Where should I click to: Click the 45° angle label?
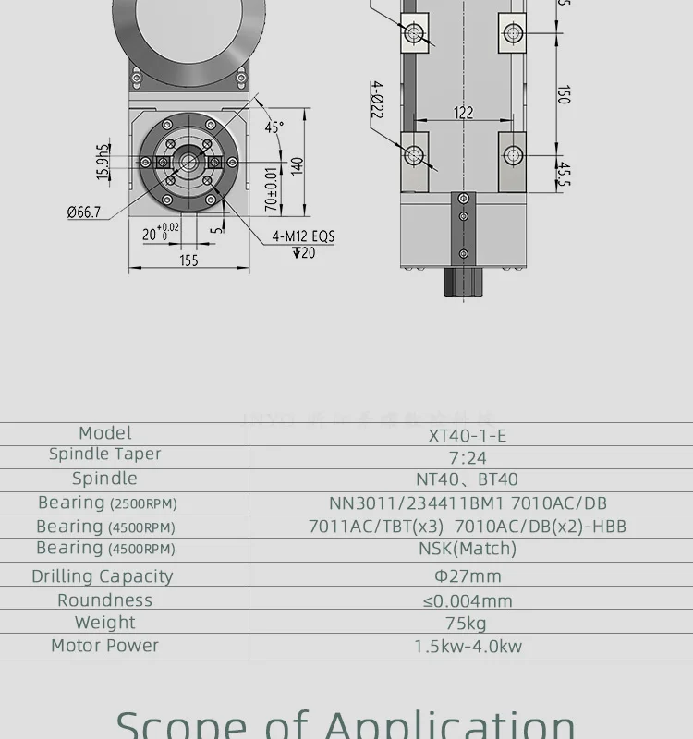click(274, 128)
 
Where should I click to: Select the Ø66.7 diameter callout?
click(84, 212)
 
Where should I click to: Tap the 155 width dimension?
click(188, 260)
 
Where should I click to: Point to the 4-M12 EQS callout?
click(303, 236)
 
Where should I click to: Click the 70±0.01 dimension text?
click(271, 188)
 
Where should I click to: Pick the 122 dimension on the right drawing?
click(464, 113)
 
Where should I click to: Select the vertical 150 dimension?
click(563, 94)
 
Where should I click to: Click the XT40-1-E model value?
click(468, 435)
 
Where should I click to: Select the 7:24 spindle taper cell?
click(468, 457)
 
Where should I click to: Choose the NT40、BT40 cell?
click(468, 479)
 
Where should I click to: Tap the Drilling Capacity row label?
click(103, 576)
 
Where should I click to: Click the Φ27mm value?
click(468, 576)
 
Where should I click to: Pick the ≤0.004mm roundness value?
click(468, 600)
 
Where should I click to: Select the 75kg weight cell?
click(467, 624)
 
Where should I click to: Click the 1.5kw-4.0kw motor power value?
click(468, 647)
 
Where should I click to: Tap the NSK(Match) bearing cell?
click(468, 549)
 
